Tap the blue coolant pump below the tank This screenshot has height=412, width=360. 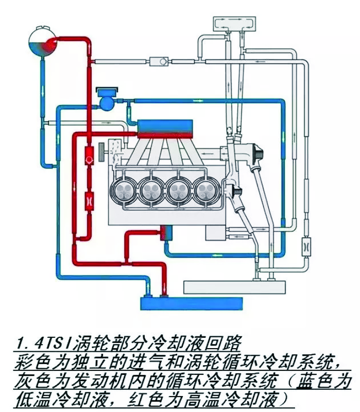click(x=108, y=101)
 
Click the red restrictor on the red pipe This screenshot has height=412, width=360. click(x=89, y=198)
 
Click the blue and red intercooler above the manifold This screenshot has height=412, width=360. click(x=165, y=128)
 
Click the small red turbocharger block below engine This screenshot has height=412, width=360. click(x=166, y=233)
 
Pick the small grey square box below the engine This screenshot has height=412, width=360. click(x=215, y=233)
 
